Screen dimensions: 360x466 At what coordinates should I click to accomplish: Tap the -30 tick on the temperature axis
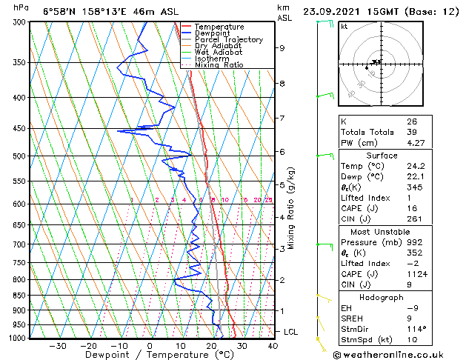57,345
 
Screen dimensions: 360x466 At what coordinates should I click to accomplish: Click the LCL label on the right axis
290,332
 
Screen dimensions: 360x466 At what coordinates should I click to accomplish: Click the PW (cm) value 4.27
414,144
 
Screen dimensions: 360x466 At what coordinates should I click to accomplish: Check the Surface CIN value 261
413,219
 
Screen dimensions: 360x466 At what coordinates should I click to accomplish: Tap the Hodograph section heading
382,297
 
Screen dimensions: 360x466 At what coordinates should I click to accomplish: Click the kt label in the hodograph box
344,27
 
